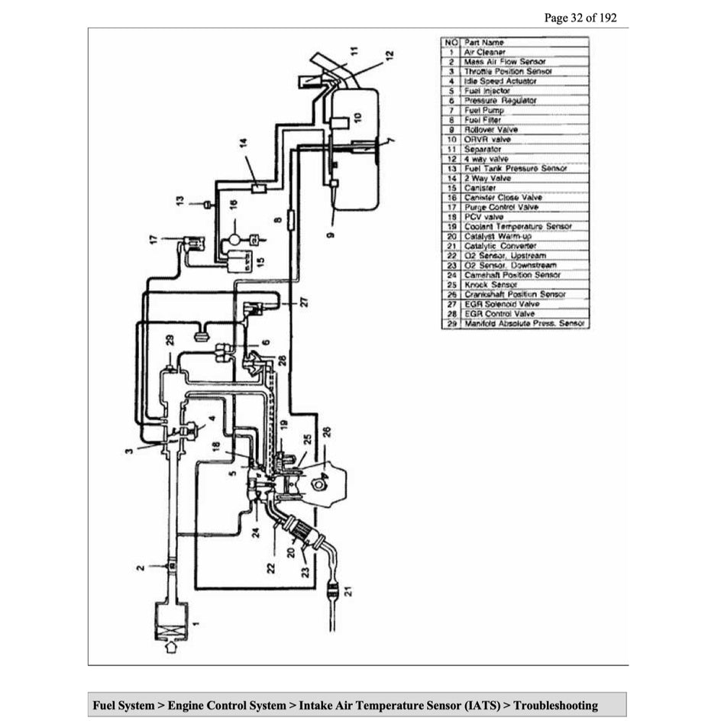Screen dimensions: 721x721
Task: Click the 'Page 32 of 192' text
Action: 580,18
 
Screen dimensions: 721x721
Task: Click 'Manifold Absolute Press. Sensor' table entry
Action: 524,323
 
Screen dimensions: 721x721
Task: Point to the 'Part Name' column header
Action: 483,42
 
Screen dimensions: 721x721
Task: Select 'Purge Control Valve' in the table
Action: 501,207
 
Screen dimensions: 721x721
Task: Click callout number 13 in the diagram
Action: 179,202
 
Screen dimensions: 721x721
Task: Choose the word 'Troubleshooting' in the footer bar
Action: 555,705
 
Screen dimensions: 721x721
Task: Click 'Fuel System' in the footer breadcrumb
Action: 123,705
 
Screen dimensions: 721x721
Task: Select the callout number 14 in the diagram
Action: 244,142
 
